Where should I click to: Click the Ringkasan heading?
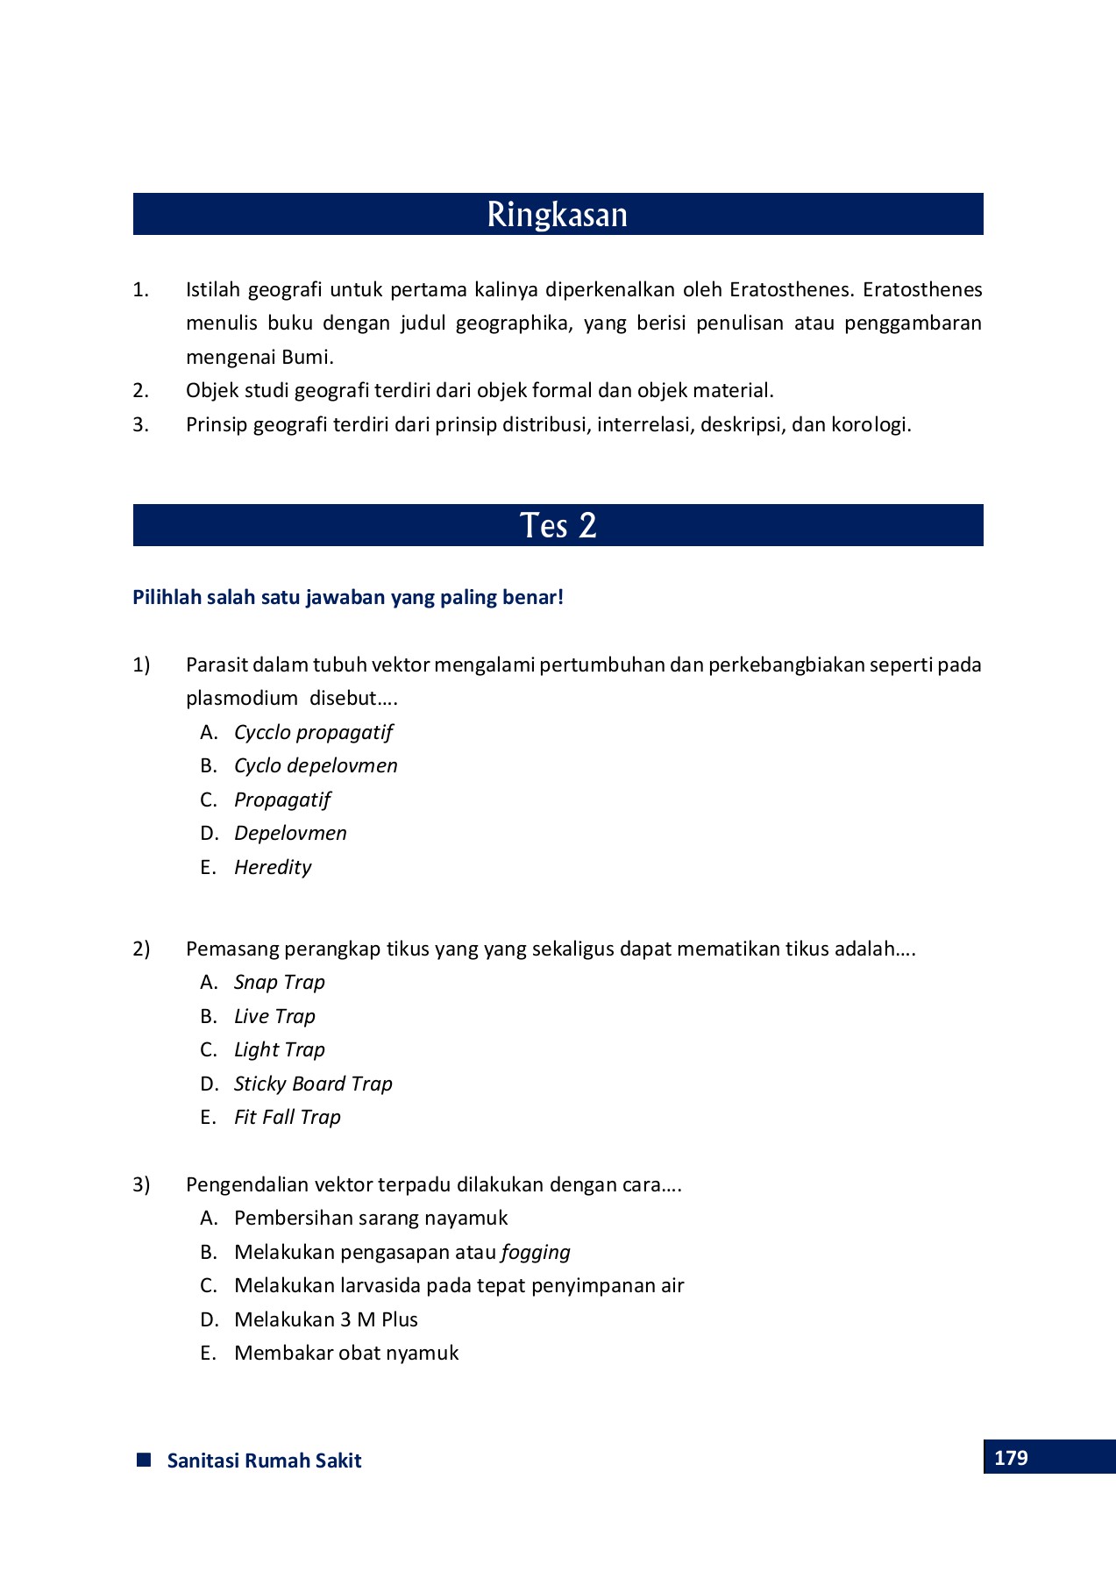(558, 215)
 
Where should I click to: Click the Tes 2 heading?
(558, 525)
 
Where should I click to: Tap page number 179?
(1011, 1458)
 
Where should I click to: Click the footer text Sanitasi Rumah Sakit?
(264, 1461)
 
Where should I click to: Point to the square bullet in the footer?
(145, 1460)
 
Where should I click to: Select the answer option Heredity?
(273, 867)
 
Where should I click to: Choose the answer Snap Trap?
(279, 982)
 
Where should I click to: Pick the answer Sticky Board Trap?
(313, 1084)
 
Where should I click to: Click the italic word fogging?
(536, 1252)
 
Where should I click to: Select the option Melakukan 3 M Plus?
(325, 1319)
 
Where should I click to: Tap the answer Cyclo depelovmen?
(316, 765)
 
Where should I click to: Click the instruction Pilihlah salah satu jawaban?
(348, 597)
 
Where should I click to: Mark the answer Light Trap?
(279, 1049)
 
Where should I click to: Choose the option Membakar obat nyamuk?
(346, 1353)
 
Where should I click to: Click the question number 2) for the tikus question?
(141, 949)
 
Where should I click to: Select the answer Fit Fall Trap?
(287, 1117)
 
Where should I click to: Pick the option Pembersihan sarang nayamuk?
(371, 1218)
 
